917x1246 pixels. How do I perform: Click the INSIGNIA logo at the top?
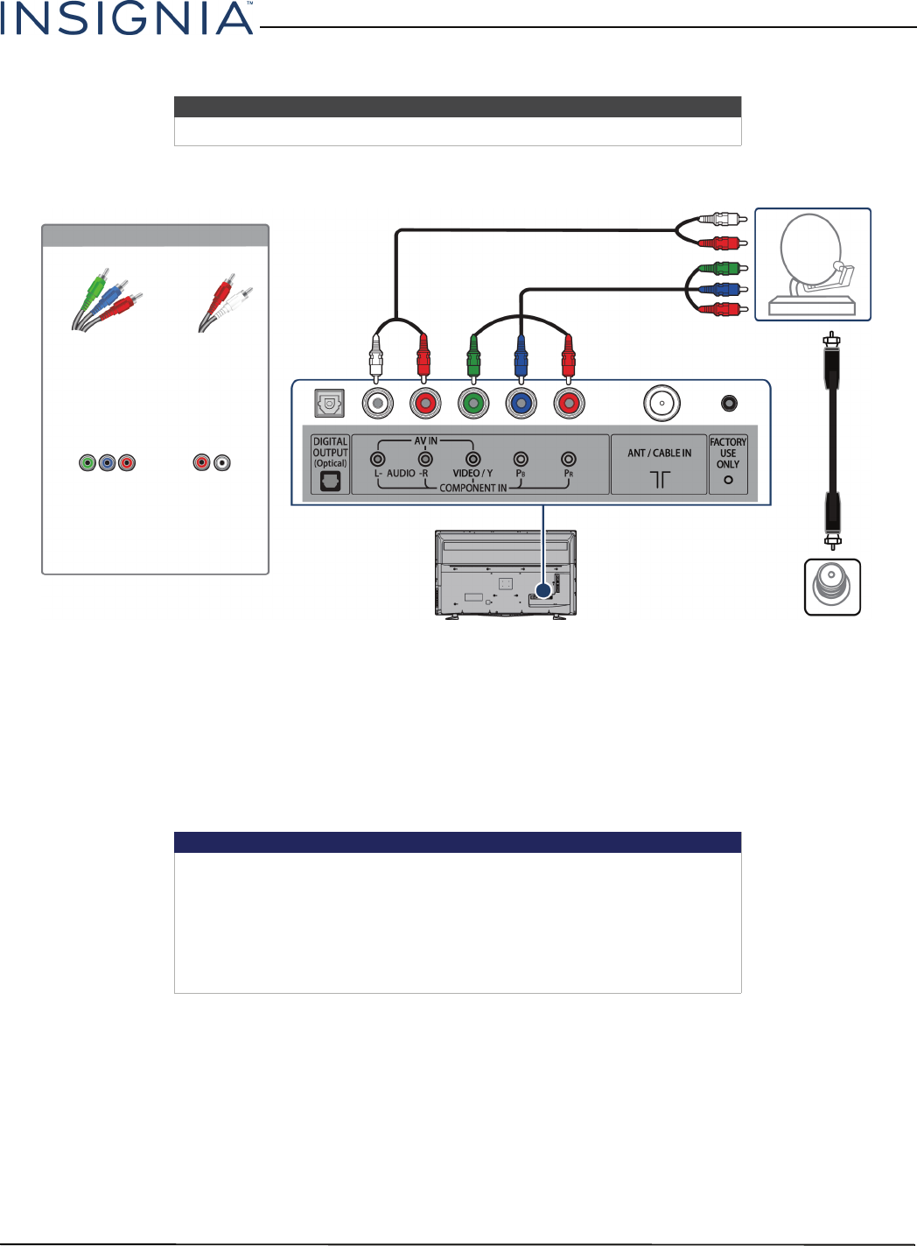(x=127, y=18)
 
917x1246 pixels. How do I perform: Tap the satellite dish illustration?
(x=813, y=264)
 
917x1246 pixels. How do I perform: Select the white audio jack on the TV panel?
(x=377, y=403)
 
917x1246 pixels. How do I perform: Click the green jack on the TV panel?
(x=473, y=403)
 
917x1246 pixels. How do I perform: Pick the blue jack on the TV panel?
(x=521, y=403)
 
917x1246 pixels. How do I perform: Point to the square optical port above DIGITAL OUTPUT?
(x=330, y=403)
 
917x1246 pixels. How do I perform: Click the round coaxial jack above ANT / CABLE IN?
(x=661, y=404)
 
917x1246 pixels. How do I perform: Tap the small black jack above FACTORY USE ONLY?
(x=728, y=403)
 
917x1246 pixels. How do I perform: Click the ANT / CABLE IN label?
(x=659, y=454)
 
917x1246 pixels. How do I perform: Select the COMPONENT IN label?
(x=472, y=488)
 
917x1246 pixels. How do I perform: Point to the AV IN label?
(x=426, y=441)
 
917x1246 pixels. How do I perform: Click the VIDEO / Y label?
(x=472, y=473)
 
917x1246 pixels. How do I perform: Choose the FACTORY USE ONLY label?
(x=728, y=454)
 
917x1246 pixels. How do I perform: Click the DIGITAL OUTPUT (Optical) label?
(x=330, y=452)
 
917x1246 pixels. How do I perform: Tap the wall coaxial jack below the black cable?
(x=832, y=587)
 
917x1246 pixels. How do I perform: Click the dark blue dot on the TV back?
(x=543, y=591)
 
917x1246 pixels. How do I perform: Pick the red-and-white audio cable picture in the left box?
(x=225, y=303)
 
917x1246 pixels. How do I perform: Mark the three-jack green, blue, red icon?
(x=107, y=462)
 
